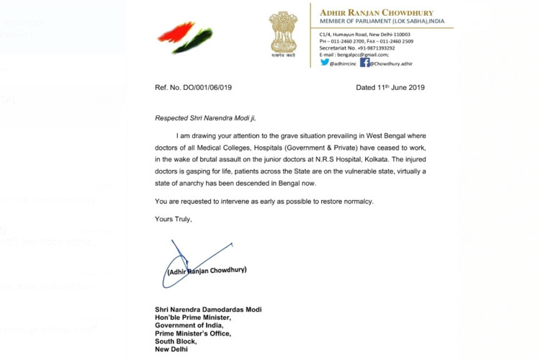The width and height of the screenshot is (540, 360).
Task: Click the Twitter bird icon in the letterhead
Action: tap(324, 63)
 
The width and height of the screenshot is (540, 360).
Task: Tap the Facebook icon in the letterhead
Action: tap(365, 63)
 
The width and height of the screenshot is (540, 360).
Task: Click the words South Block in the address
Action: tap(176, 341)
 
